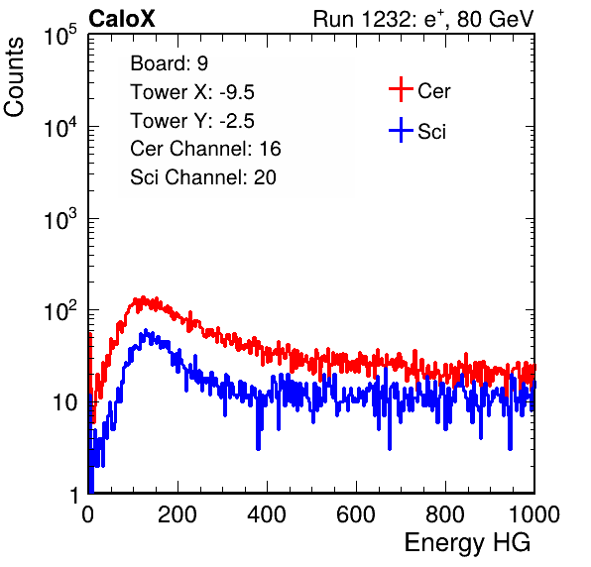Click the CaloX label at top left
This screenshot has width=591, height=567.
[122, 19]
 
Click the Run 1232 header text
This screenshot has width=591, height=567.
[423, 19]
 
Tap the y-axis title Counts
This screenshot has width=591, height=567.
[14, 77]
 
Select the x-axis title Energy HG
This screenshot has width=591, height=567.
[467, 543]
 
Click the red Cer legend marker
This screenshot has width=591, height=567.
[401, 89]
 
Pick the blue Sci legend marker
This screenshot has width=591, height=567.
[401, 130]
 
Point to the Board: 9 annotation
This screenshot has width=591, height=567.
[169, 63]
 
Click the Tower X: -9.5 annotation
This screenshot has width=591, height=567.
[192, 92]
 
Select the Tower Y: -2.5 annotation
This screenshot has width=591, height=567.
[192, 121]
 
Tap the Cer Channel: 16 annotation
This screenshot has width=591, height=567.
[205, 149]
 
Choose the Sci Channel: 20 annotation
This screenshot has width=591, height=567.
[203, 177]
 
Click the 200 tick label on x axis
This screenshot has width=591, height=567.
[177, 513]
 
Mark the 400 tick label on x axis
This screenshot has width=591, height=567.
[267, 513]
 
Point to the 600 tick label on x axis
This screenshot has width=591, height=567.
[356, 513]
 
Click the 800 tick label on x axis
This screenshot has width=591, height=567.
[445, 513]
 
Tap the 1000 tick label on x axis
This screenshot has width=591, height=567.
[534, 513]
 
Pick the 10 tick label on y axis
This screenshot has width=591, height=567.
[64, 402]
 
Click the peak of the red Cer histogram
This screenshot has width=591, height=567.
[143, 297]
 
